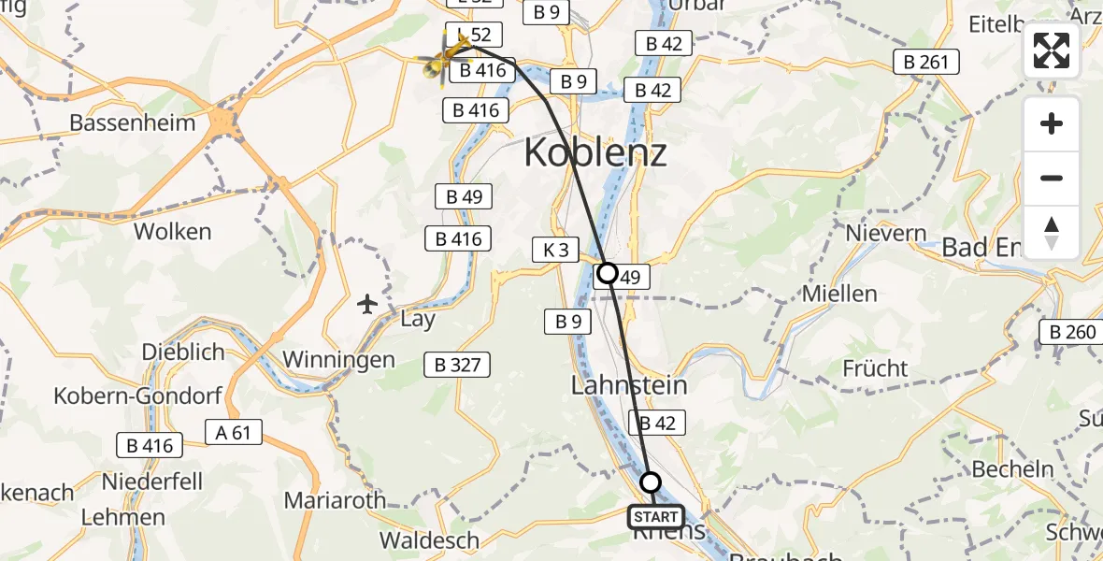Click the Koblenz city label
tap(595, 151)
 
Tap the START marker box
tap(656, 517)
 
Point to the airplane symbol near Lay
tap(366, 304)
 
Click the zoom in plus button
tap(1052, 123)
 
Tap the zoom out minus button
tap(1052, 178)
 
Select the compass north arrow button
tap(1052, 232)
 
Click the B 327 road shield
tap(457, 365)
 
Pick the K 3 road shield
tap(555, 250)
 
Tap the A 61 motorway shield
tap(234, 432)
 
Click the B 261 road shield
tap(926, 63)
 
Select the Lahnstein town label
tap(629, 385)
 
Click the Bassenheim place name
tap(133, 122)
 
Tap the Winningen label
tap(338, 360)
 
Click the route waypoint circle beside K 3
tap(608, 273)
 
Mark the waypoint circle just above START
tap(650, 482)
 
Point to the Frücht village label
tap(876, 367)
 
